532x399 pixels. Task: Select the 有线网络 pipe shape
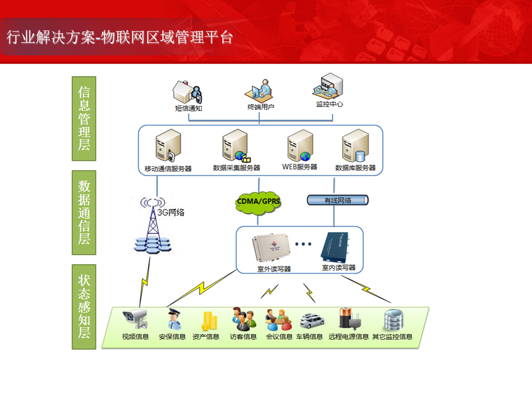tap(337, 201)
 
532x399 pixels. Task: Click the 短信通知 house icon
tap(188, 90)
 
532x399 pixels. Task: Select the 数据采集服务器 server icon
tap(236, 146)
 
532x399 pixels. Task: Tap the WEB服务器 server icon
tap(300, 146)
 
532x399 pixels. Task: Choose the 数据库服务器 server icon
tap(355, 146)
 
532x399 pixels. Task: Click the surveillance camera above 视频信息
tap(136, 318)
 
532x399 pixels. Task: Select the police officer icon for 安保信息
tap(172, 319)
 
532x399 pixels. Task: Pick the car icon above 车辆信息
tap(309, 320)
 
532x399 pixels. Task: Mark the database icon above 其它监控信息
tap(393, 319)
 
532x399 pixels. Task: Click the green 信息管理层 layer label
tap(84, 118)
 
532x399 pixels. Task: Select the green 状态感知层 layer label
tap(84, 306)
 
